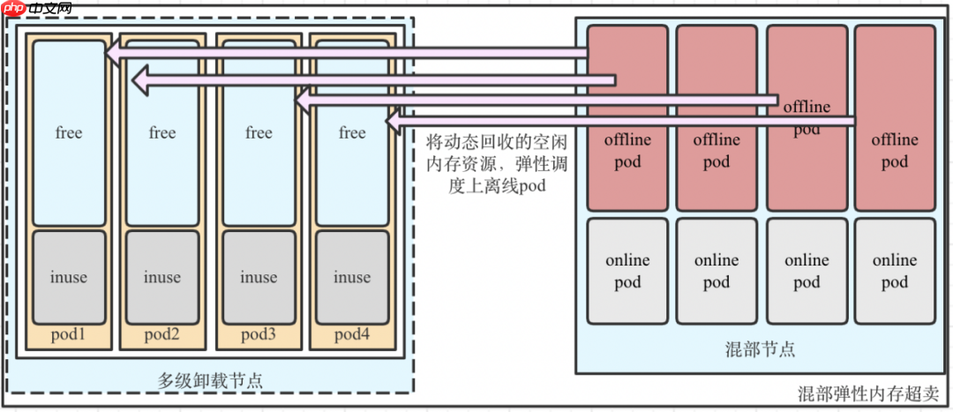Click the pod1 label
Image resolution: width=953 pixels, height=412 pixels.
tap(69, 334)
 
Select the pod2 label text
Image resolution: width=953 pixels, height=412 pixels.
tap(162, 334)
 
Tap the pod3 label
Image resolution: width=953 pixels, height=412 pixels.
tap(259, 334)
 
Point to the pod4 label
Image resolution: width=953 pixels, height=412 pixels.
tap(351, 334)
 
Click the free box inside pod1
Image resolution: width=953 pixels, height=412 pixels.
tap(69, 132)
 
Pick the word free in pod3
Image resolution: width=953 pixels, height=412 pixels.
tap(259, 132)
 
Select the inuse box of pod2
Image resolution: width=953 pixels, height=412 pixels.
tap(162, 277)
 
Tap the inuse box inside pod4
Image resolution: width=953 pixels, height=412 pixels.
tap(351, 277)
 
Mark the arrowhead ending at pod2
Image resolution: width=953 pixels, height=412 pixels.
tap(139, 81)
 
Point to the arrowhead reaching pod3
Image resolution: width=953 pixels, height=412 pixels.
tap(302, 101)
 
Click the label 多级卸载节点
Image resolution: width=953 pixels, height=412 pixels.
tap(210, 381)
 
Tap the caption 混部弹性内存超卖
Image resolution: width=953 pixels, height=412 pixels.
tap(868, 393)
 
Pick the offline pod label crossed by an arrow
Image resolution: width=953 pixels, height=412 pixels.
tap(807, 117)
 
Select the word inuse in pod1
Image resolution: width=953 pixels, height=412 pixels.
tap(69, 277)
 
